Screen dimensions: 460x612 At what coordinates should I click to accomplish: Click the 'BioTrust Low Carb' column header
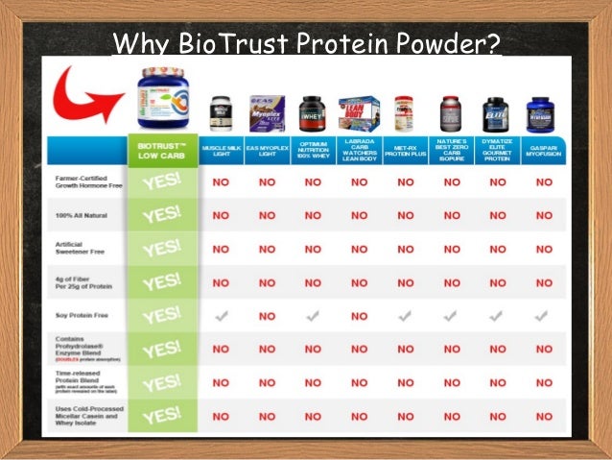click(x=161, y=151)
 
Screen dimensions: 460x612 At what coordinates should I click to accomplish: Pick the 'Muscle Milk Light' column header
click(x=221, y=151)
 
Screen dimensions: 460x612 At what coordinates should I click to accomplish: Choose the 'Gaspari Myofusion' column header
click(x=543, y=151)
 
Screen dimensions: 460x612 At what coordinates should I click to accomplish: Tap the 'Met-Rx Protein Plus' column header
click(x=404, y=151)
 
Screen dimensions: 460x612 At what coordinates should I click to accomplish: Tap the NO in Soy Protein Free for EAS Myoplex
click(x=267, y=315)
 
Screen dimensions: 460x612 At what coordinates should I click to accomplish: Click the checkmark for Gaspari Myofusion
click(x=543, y=314)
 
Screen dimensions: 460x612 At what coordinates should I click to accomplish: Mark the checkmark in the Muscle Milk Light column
click(x=221, y=314)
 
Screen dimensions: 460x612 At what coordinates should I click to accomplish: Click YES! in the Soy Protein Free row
click(x=161, y=314)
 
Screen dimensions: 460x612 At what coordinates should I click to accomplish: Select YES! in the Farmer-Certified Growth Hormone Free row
click(x=161, y=182)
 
